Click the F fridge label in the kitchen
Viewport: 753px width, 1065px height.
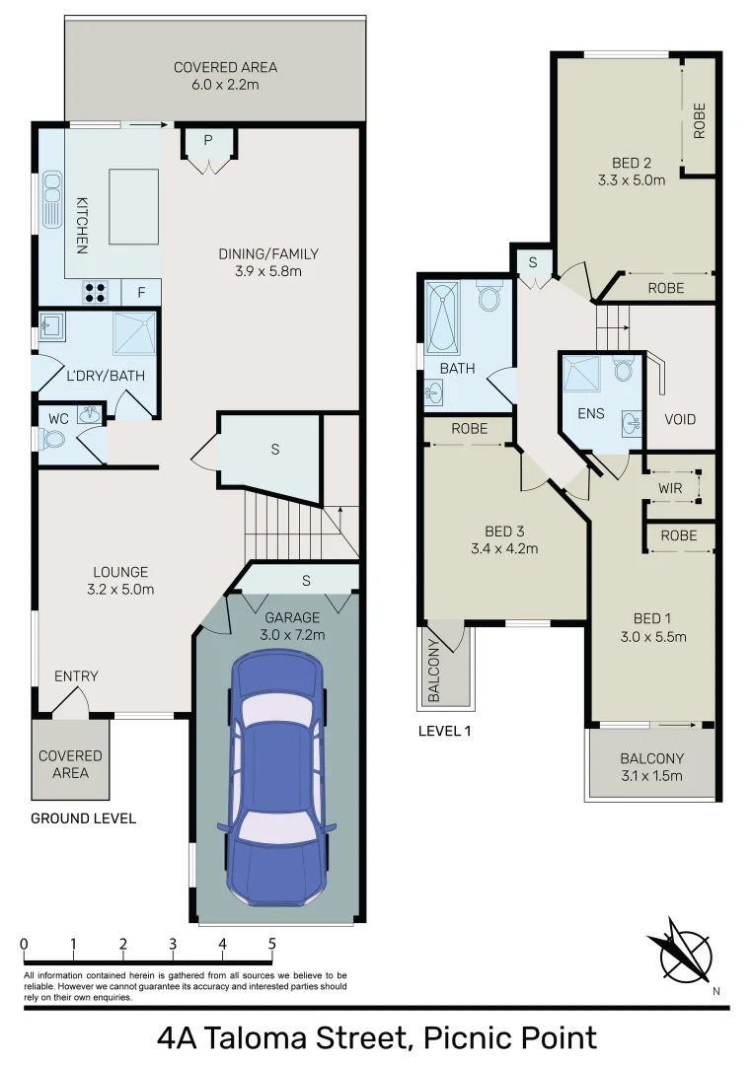tap(141, 292)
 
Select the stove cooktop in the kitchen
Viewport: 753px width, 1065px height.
tap(96, 292)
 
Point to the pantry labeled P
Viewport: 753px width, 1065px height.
tap(208, 142)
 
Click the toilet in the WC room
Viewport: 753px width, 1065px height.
tap(54, 440)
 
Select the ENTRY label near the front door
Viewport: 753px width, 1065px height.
tap(76, 676)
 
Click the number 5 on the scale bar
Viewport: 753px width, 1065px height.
tap(271, 944)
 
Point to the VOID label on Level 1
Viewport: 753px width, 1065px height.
tap(680, 419)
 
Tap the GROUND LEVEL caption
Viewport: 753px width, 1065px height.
tap(83, 818)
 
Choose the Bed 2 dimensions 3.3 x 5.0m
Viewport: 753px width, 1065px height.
tap(632, 180)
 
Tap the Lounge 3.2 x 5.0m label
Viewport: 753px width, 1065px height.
tap(120, 581)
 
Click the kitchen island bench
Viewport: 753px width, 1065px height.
tap(133, 206)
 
